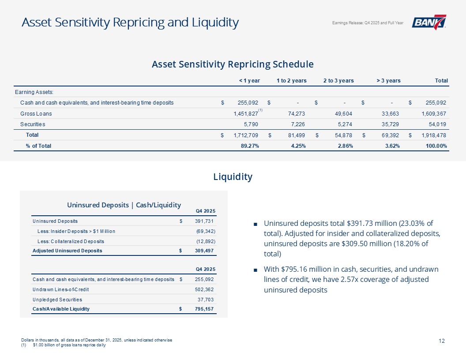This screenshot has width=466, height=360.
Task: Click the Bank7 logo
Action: click(x=428, y=22)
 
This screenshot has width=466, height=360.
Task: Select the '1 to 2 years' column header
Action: click(x=291, y=81)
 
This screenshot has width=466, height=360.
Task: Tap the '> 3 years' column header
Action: click(x=388, y=81)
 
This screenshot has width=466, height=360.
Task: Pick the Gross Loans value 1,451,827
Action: click(x=243, y=113)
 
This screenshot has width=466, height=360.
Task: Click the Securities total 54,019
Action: click(x=435, y=124)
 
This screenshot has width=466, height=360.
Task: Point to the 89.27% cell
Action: click(x=248, y=146)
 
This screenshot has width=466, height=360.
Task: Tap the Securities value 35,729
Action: click(x=390, y=124)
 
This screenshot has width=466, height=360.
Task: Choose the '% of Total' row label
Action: click(x=38, y=146)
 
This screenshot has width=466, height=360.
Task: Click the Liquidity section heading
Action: click(x=233, y=177)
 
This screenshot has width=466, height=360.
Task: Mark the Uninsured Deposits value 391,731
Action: click(x=205, y=221)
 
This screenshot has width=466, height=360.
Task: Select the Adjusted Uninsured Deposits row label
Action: click(x=67, y=251)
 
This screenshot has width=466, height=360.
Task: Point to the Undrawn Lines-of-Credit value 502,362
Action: click(x=205, y=289)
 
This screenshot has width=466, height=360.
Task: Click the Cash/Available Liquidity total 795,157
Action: click(x=205, y=309)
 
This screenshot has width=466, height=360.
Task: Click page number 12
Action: click(x=442, y=341)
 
